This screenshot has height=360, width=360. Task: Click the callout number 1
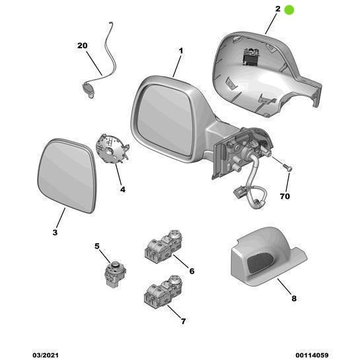click(181, 51)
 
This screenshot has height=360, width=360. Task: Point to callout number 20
click(82, 46)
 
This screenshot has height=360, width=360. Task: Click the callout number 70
click(285, 197)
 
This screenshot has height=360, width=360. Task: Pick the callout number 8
click(294, 299)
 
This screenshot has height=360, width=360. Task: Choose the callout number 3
click(55, 233)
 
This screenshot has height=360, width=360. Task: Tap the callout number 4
click(122, 189)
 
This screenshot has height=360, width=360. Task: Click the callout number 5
click(97, 246)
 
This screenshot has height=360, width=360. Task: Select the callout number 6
click(192, 271)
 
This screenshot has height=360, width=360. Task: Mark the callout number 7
click(183, 322)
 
